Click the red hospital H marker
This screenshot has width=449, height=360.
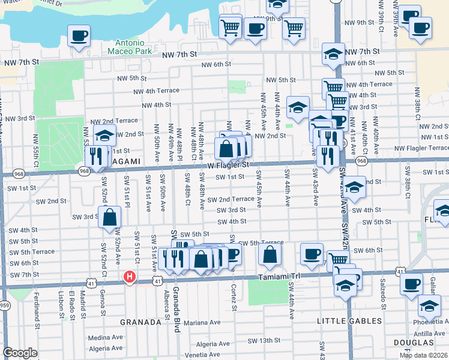click(128, 277)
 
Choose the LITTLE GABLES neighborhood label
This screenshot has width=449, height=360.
click(341, 322)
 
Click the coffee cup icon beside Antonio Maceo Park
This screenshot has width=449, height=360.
click(79, 37)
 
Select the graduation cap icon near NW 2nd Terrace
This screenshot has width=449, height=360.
click(104, 136)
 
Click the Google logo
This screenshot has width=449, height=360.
click(20, 353)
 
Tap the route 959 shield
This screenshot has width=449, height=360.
click(4, 305)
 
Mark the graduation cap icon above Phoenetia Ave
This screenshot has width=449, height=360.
click(429, 307)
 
